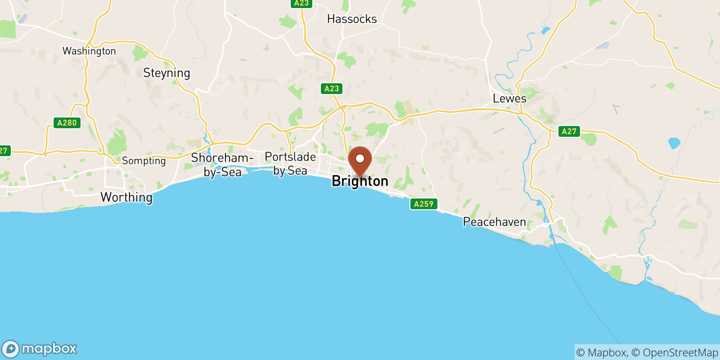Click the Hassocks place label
[x=352, y=19]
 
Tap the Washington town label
[x=89, y=51]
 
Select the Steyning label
[x=166, y=73]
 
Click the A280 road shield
[x=67, y=123]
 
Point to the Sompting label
[x=144, y=161]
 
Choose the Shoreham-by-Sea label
[x=222, y=165]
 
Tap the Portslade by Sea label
[x=290, y=163]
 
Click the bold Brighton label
[x=360, y=181]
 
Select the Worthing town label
[x=126, y=197]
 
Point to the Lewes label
[x=509, y=99]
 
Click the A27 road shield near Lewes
[x=569, y=131]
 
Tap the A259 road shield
[x=423, y=204]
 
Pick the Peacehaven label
[x=494, y=222]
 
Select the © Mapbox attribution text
[x=602, y=353]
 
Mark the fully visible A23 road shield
[x=332, y=89]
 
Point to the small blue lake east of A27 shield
[x=674, y=143]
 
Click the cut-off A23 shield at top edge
[x=301, y=3]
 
